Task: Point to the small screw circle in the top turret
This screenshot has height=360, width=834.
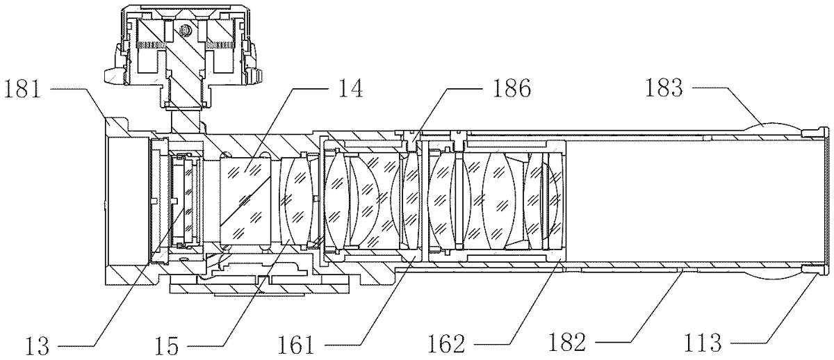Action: click(185, 31)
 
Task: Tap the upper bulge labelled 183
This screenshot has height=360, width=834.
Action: click(775, 129)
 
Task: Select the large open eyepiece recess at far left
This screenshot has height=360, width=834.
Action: click(129, 202)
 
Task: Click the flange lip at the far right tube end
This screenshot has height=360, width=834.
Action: click(827, 202)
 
